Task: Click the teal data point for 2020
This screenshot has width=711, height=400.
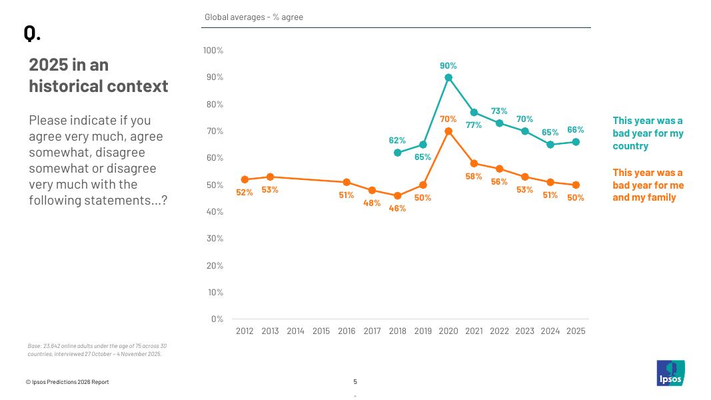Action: (x=448, y=77)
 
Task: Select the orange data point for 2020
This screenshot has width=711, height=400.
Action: (x=448, y=131)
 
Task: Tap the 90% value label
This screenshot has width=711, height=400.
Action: (x=448, y=66)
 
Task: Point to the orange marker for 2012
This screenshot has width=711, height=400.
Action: (x=245, y=179)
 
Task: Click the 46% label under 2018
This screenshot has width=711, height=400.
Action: (x=397, y=208)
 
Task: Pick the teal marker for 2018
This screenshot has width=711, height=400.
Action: (x=397, y=153)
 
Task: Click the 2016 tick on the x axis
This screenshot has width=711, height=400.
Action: (x=347, y=331)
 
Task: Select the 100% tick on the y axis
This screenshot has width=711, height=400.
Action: (x=213, y=51)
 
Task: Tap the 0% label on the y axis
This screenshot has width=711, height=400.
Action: (x=217, y=319)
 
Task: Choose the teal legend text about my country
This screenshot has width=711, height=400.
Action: (x=648, y=133)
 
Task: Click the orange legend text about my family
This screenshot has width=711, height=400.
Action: (x=648, y=185)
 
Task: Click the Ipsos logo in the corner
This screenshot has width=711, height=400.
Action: (x=670, y=373)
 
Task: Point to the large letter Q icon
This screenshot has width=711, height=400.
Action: (x=31, y=33)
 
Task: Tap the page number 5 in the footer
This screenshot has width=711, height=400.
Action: (x=355, y=382)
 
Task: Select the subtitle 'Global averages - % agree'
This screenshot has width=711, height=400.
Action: (x=254, y=17)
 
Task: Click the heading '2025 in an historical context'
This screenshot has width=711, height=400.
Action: (x=98, y=75)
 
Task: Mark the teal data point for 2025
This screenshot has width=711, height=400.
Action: (x=576, y=142)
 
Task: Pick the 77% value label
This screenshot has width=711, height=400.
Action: (x=474, y=125)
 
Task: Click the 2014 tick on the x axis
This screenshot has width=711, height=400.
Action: (x=295, y=331)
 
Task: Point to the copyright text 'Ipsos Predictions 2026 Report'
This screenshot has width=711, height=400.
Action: (x=67, y=382)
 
